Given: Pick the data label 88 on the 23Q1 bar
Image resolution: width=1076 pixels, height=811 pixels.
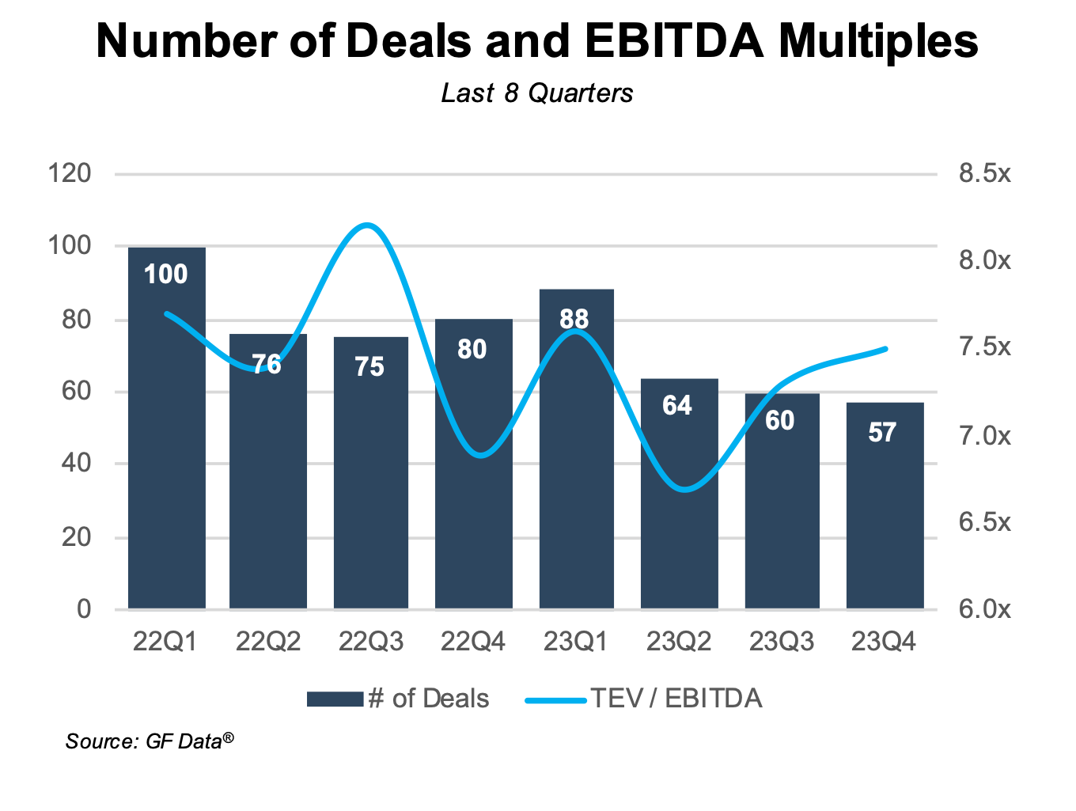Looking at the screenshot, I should (574, 319).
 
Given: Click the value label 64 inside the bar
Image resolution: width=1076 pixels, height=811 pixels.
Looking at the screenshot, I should (677, 405).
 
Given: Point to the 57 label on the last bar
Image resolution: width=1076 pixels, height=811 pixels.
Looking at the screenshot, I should (882, 432).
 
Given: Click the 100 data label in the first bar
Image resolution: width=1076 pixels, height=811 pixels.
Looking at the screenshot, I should (166, 274).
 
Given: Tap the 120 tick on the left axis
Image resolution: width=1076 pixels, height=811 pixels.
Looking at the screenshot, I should (70, 172).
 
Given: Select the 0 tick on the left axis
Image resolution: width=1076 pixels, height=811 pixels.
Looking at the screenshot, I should (84, 608).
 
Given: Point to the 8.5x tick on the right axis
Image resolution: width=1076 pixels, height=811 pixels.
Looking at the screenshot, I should (984, 172).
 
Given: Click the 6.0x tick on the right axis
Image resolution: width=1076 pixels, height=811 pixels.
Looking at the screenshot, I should (984, 609).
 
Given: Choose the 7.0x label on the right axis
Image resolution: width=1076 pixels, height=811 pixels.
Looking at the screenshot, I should (984, 435).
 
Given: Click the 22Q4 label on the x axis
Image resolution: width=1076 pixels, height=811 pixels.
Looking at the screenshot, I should (473, 641).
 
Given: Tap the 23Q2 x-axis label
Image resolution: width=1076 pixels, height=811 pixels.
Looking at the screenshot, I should (679, 641).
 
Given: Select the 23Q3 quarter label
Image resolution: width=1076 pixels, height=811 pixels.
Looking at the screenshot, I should (782, 641).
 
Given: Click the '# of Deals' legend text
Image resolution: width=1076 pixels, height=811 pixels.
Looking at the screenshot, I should (428, 699).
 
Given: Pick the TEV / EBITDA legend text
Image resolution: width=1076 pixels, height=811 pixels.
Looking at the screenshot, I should (676, 699).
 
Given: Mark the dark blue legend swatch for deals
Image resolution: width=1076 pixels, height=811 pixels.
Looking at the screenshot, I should (335, 699).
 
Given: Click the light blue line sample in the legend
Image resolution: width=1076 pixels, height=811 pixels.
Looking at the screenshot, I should (555, 699).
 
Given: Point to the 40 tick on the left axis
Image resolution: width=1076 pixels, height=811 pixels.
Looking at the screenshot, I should (76, 463).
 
